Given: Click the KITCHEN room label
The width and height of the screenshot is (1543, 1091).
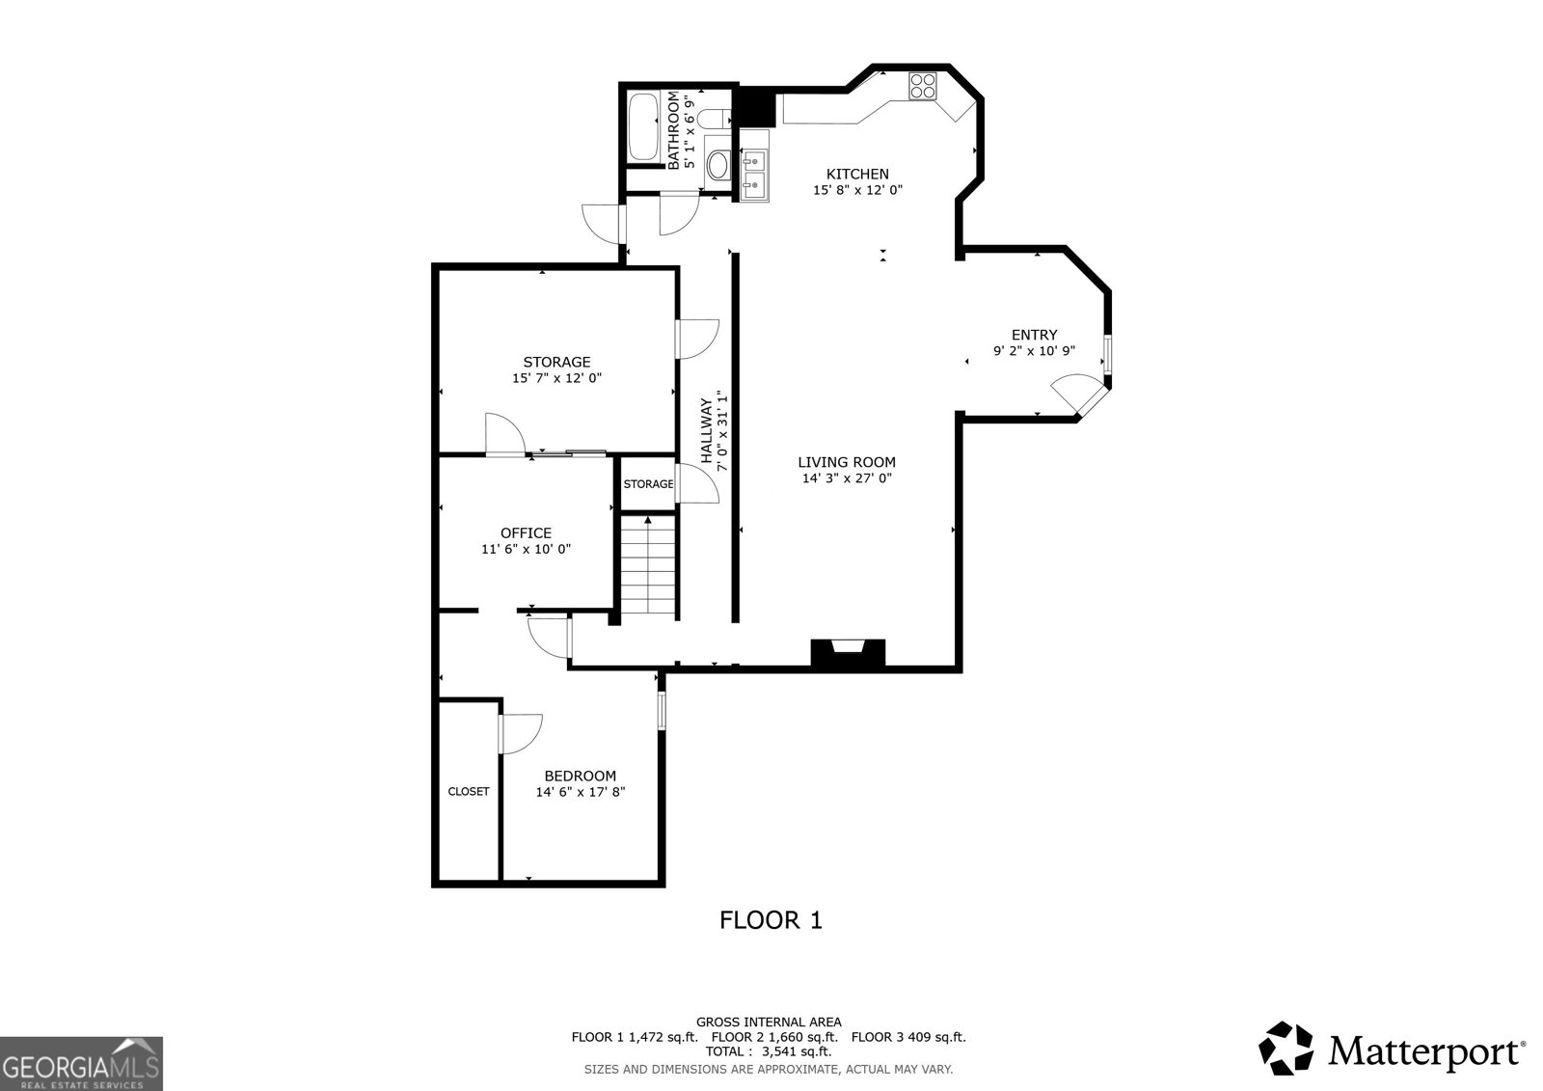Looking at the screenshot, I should [857, 174].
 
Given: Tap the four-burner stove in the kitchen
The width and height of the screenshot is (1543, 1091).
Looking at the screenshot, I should [922, 86].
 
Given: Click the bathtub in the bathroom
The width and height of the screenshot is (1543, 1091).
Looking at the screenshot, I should [642, 126].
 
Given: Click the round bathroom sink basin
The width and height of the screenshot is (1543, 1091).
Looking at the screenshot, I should [717, 166].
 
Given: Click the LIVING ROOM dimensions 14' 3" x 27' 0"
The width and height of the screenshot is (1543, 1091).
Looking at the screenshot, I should [847, 478].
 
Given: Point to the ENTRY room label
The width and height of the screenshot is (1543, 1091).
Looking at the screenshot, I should [1034, 335].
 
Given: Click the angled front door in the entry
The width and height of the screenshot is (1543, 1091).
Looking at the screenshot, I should [1077, 395].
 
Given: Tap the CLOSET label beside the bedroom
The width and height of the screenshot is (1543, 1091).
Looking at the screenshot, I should [469, 791].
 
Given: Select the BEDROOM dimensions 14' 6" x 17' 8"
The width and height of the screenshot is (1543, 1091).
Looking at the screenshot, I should [581, 792].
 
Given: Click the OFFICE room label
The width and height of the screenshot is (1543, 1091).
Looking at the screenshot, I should [526, 532].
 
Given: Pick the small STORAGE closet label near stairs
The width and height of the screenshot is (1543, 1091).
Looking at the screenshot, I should [648, 483].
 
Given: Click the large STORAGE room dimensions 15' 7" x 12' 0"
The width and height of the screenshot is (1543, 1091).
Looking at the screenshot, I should [556, 379].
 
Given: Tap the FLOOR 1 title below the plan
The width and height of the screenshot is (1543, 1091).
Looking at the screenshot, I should [771, 920].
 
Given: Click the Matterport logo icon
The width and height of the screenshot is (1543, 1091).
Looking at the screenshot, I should [1286, 1049].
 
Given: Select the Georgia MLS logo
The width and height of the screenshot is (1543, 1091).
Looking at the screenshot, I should [81, 1063].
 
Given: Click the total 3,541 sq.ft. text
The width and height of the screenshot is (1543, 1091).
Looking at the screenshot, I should [769, 1051].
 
